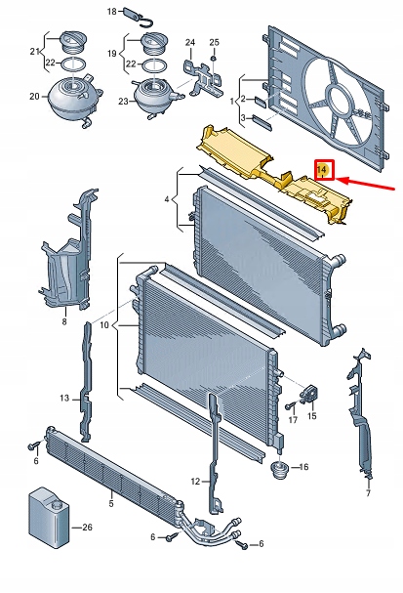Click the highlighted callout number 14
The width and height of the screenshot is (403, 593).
click(322, 169)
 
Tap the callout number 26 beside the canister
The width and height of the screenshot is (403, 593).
click(87, 527)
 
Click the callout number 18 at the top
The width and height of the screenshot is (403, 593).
click(112, 12)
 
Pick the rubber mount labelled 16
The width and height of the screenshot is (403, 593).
click(280, 470)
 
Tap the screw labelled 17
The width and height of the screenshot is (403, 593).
click(291, 406)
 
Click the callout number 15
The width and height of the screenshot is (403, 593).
click(311, 416)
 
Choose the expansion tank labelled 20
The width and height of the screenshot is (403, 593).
click(74, 100)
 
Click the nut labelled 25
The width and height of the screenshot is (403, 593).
click(214, 59)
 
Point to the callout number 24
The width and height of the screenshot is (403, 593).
click(190, 42)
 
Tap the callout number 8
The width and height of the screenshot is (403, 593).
click(64, 321)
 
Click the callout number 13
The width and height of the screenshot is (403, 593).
click(64, 398)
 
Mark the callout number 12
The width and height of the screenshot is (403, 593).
click(195, 482)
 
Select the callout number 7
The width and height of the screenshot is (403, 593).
click(368, 492)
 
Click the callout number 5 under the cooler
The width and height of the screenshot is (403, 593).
click(111, 503)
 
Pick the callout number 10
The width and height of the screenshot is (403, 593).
click(104, 325)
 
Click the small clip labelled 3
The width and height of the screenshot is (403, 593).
click(262, 122)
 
